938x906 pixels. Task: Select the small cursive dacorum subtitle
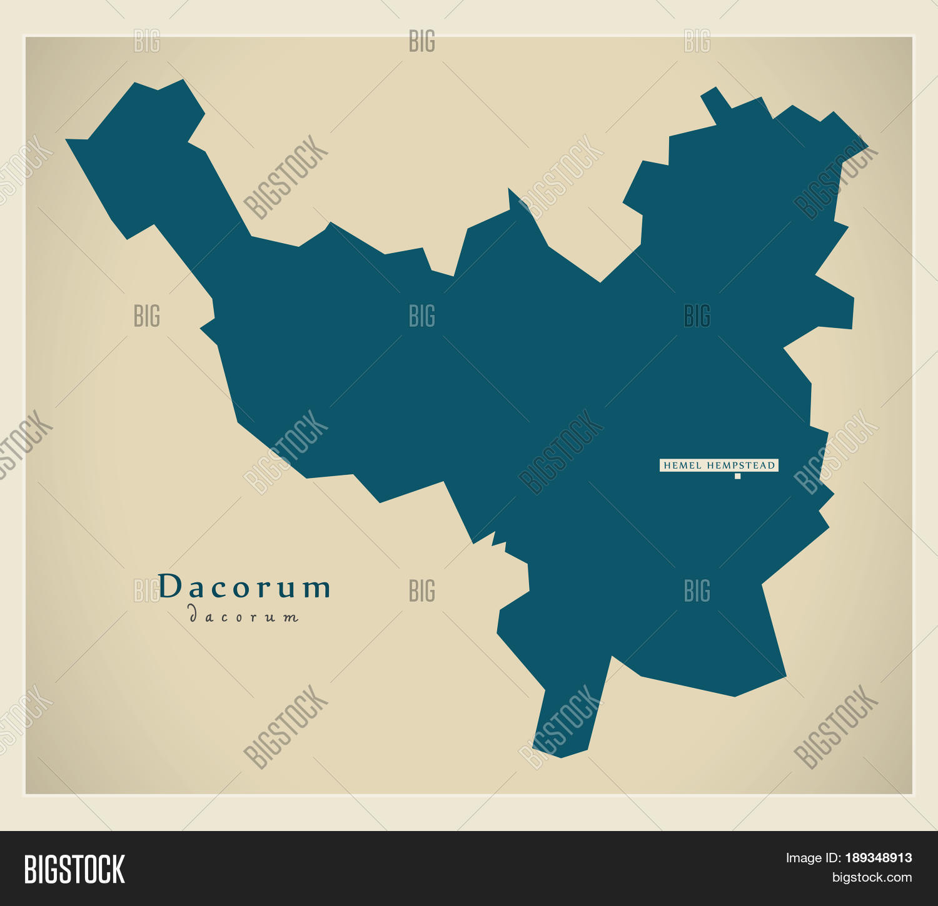[244, 616]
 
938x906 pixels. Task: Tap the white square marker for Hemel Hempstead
[737, 476]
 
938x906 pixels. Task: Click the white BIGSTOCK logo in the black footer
[74, 869]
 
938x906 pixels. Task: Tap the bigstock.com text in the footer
[871, 877]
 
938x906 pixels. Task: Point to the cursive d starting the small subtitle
[193, 615]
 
